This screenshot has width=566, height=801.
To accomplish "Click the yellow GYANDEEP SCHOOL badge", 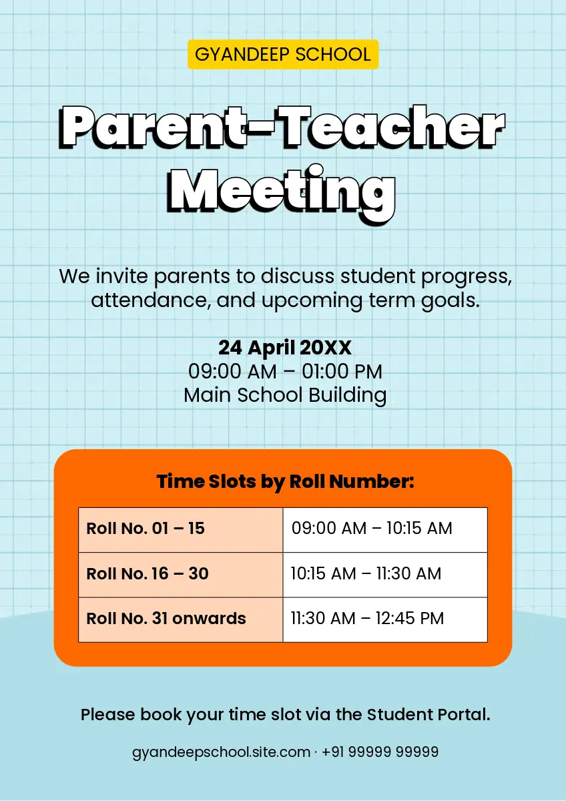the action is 283,54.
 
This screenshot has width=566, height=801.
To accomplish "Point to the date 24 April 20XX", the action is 285,348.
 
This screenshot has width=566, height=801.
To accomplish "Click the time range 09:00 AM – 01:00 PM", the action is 285,371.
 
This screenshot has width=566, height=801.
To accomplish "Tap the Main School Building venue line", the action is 285,395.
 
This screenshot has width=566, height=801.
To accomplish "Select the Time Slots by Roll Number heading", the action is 285,482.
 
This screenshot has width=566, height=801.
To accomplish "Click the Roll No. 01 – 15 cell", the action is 181,529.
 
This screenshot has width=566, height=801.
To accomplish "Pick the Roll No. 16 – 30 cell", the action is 181,575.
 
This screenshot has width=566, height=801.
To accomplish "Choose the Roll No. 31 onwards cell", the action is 181,619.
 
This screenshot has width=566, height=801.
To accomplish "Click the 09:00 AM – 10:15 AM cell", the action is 385,529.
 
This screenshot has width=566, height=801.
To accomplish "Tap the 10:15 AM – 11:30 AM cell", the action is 385,575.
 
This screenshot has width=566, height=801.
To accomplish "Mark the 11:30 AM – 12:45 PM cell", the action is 385,619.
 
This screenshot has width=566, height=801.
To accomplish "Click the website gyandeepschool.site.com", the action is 221,752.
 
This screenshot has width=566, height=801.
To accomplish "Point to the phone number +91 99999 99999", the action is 380,752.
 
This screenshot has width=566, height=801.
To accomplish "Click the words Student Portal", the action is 429,715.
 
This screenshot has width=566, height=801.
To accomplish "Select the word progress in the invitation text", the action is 467,277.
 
